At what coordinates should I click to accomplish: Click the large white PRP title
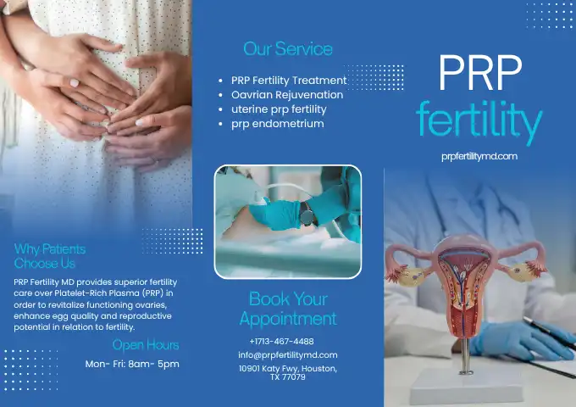point(480,73)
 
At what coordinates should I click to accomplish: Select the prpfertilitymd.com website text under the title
point(479,157)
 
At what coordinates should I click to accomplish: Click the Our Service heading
point(288,49)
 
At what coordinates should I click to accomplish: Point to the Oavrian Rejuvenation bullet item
point(287,95)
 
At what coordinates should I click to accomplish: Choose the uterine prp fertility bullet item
point(279,109)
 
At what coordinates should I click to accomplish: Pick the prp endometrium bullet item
point(277,124)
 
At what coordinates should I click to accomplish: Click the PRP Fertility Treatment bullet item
point(289,81)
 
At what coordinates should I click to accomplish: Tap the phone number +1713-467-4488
point(282,342)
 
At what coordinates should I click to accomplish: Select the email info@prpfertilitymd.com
point(288,355)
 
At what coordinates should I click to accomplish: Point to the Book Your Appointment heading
point(288,309)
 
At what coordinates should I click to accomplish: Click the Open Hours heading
point(146,345)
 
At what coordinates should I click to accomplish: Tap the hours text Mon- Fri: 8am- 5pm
point(132,364)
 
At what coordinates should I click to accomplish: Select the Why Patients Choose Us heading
point(50,256)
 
